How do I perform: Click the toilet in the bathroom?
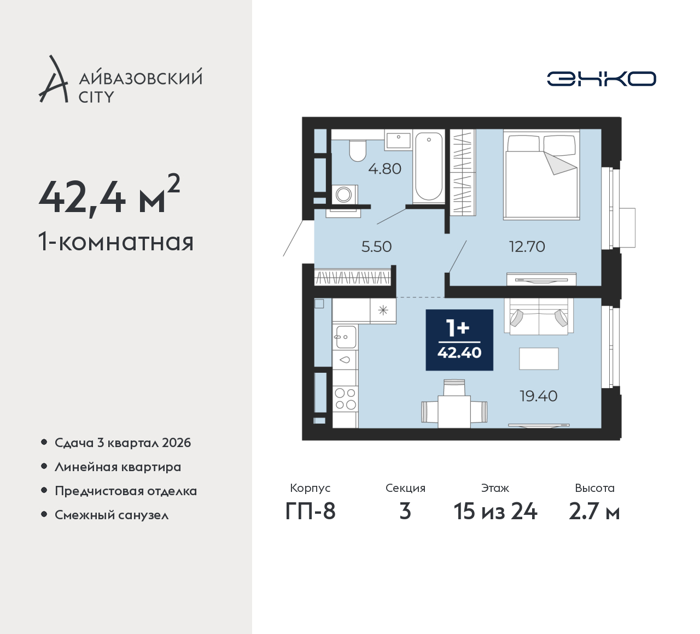(x=357, y=150)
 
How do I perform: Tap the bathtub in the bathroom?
(x=429, y=166)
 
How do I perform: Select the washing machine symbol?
(x=345, y=194)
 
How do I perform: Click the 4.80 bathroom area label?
(x=385, y=169)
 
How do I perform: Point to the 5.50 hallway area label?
(x=376, y=246)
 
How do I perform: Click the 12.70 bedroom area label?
(x=527, y=246)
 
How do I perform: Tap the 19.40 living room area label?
(x=539, y=396)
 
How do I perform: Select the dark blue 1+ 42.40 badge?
(x=459, y=339)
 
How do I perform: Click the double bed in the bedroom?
(x=541, y=175)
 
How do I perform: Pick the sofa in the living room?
(x=539, y=316)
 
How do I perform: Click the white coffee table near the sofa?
(x=539, y=359)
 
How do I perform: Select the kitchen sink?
(x=345, y=337)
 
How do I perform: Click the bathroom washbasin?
(x=399, y=140)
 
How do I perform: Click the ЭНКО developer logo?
(x=601, y=79)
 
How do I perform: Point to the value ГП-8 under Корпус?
(x=310, y=512)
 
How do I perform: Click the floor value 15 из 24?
(x=495, y=512)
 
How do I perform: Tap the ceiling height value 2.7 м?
(x=594, y=512)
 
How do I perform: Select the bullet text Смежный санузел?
(x=112, y=515)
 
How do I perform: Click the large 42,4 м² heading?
(x=109, y=195)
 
